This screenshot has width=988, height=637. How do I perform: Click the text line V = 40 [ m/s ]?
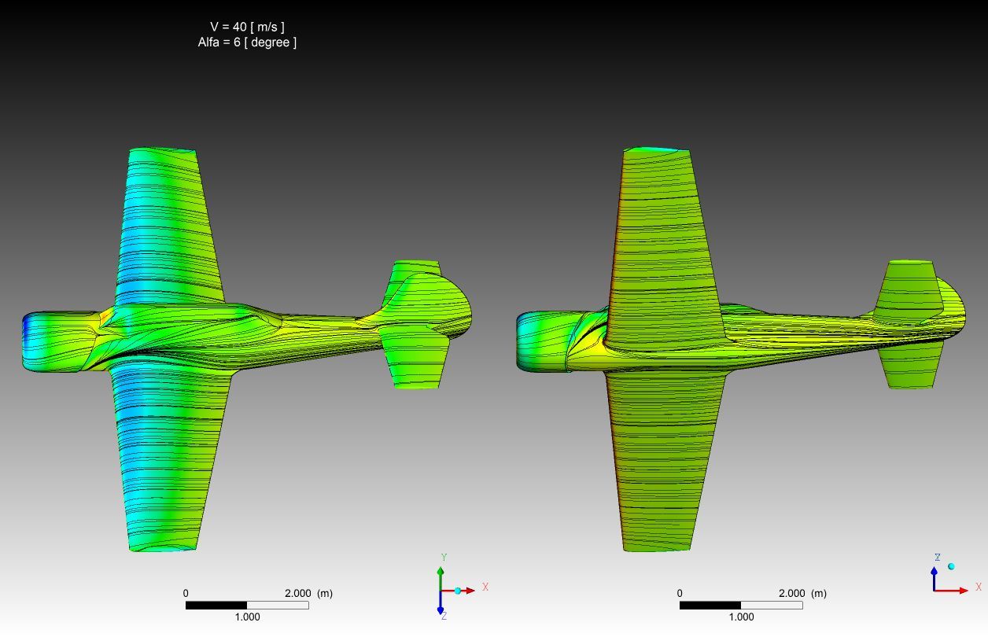coord(247,28)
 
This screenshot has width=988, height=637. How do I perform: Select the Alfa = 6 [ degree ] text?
coord(247,42)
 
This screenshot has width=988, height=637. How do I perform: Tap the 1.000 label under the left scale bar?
coord(247,617)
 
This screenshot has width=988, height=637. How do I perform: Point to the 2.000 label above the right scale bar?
coord(791,594)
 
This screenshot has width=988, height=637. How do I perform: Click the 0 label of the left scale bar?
coord(186,594)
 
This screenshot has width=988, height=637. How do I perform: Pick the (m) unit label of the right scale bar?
coord(819,594)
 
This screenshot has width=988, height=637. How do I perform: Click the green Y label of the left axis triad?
coord(444,558)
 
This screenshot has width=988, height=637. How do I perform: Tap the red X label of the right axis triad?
coord(979,587)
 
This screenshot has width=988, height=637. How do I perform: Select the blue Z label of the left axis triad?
coord(444,616)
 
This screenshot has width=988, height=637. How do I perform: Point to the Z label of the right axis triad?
coord(938,558)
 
